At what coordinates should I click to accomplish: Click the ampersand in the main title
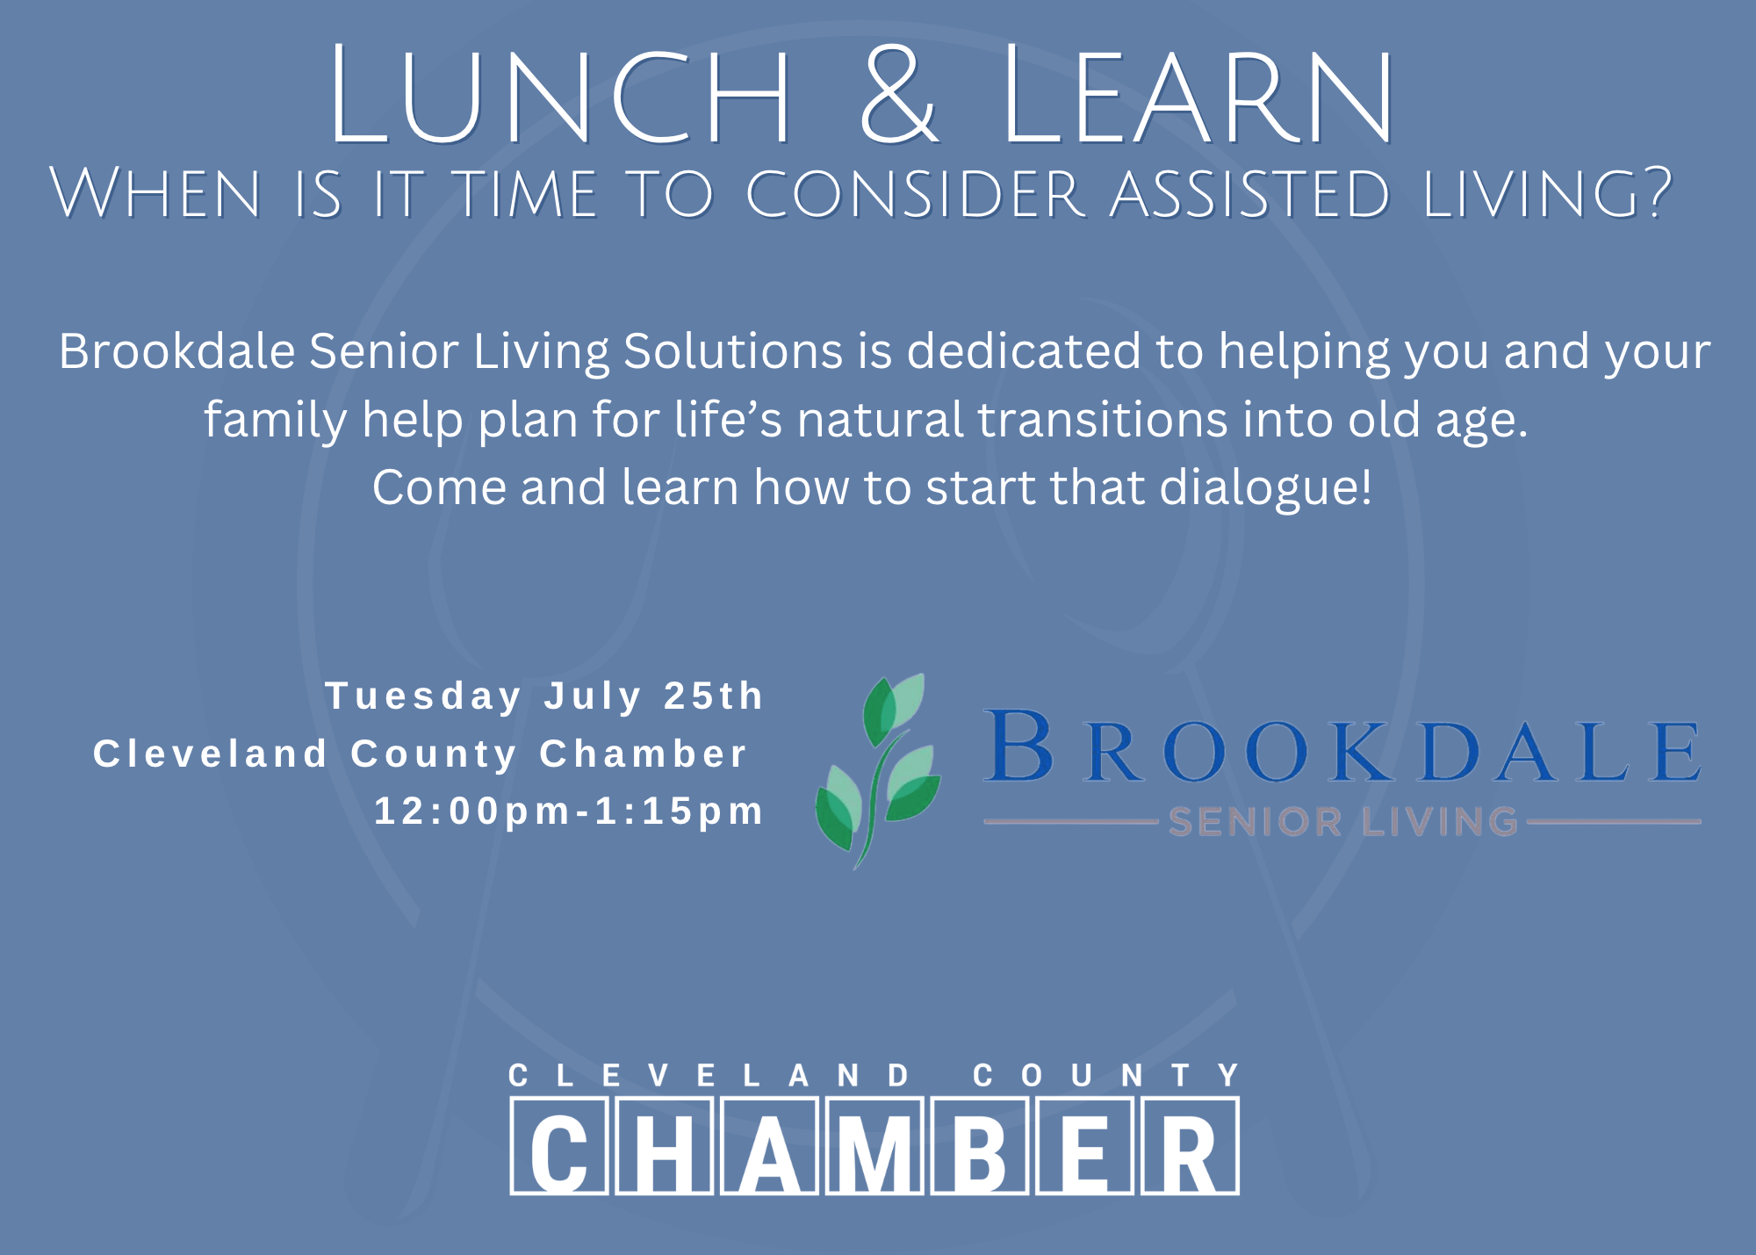[900, 95]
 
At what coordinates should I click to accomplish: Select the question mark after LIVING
[1656, 192]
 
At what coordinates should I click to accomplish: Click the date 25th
[714, 696]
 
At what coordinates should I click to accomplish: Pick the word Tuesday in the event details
[424, 696]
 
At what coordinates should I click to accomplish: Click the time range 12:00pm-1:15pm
[569, 811]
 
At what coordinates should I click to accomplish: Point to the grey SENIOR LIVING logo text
[1342, 822]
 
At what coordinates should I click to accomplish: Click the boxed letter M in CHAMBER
[874, 1147]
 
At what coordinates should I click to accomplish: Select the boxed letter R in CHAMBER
[1190, 1147]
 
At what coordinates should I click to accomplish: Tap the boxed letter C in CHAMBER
[559, 1147]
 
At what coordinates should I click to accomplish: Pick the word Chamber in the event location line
[643, 754]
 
